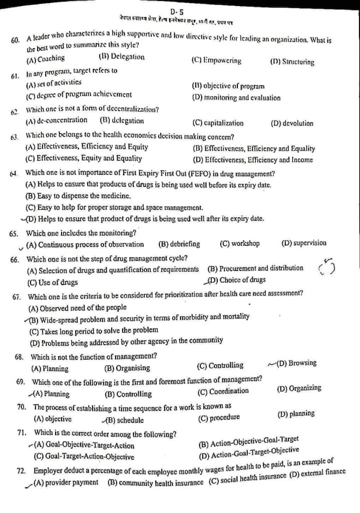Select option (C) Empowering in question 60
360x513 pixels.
(216, 61)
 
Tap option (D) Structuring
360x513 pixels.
(292, 62)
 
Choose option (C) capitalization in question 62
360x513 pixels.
(218, 123)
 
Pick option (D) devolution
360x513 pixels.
(292, 123)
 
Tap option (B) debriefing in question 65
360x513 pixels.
(179, 244)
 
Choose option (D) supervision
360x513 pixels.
(304, 243)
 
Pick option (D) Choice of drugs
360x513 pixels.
(237, 280)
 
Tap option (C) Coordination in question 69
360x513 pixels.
(223, 391)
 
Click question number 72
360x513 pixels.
(21, 471)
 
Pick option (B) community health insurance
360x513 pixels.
(155, 482)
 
